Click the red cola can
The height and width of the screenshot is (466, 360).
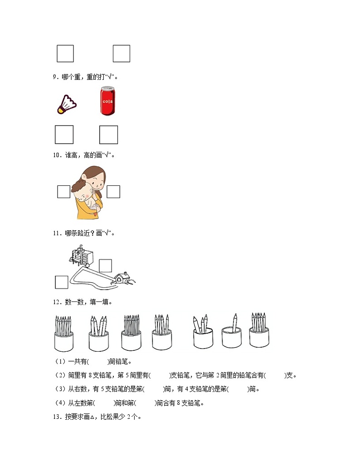pyautogui.click(x=107, y=101)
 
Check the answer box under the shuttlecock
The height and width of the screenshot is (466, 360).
pyautogui.click(x=64, y=135)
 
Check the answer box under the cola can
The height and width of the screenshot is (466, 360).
pyautogui.click(x=108, y=135)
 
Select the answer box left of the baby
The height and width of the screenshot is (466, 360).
pyautogui.click(x=64, y=192)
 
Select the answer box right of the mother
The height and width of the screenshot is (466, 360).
pyautogui.click(x=113, y=192)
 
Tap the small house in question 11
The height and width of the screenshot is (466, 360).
pyautogui.click(x=121, y=278)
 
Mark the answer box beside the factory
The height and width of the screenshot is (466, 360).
pyautogui.click(x=105, y=266)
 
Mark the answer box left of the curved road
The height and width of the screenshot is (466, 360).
pyautogui.click(x=62, y=282)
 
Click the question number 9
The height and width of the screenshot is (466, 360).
pyautogui.click(x=55, y=77)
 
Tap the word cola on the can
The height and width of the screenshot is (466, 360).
pyautogui.click(x=107, y=101)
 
